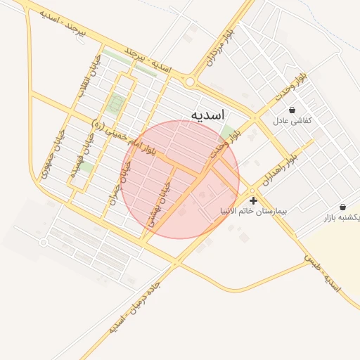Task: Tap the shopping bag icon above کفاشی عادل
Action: (x=292, y=110)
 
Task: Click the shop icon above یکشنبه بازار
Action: (x=342, y=207)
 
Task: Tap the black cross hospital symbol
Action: (x=253, y=201)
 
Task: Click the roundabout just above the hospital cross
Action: (x=252, y=191)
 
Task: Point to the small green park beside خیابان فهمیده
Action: (x=86, y=167)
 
